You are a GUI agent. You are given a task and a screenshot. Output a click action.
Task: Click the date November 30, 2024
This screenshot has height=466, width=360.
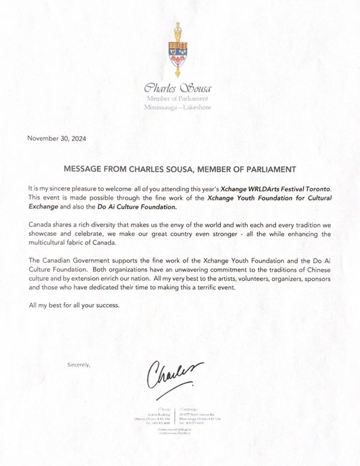point(56,139)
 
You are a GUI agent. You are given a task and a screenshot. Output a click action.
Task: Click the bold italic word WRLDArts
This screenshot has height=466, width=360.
point(261,188)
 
